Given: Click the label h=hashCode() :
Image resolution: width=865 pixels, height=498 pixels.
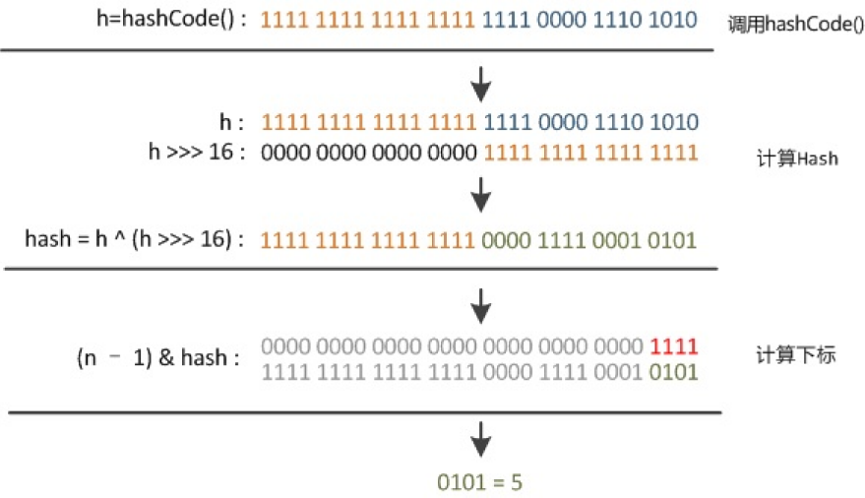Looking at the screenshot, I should pyautogui.click(x=190, y=19).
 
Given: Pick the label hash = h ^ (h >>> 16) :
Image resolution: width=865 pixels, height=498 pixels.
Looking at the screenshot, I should pyautogui.click(x=136, y=239).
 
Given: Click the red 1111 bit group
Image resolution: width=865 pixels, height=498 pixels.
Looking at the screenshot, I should pyautogui.click(x=674, y=346).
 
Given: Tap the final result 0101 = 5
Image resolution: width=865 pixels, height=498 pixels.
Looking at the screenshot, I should pyautogui.click(x=481, y=482).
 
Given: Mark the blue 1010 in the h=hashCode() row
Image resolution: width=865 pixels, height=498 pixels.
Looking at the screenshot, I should pyautogui.click(x=674, y=20).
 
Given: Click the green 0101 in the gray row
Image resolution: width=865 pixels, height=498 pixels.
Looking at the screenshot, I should pyautogui.click(x=674, y=372).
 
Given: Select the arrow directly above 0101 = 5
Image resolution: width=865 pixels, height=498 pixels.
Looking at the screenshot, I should pyautogui.click(x=480, y=437).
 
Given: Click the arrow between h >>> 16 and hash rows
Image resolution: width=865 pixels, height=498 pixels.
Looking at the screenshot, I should pyautogui.click(x=480, y=195).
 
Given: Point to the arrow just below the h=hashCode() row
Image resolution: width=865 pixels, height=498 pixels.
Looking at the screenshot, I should pyautogui.click(x=480, y=84).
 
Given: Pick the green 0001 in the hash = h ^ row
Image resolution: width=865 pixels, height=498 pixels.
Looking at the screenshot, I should pyautogui.click(x=619, y=239).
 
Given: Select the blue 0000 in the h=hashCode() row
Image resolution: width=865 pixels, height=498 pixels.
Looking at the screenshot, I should pyautogui.click(x=564, y=20).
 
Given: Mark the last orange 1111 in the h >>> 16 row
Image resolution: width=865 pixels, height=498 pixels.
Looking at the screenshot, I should pyautogui.click(x=674, y=153).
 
